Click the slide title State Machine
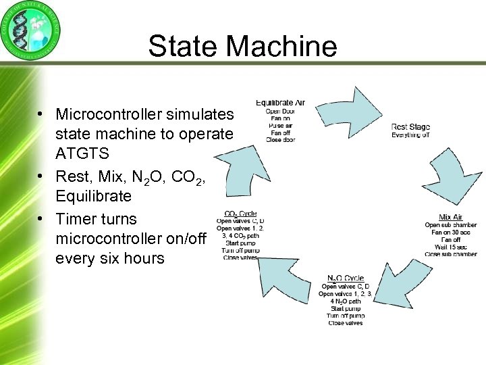pos(242,46)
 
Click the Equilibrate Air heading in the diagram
pos(279,103)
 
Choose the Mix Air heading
pos(450,217)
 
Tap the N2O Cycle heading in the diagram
pos(345,278)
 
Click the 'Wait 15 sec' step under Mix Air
pos(450,247)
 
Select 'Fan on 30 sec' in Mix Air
pos(450,232)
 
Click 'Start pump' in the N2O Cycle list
pos(345,308)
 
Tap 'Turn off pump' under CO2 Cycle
pos(240,251)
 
